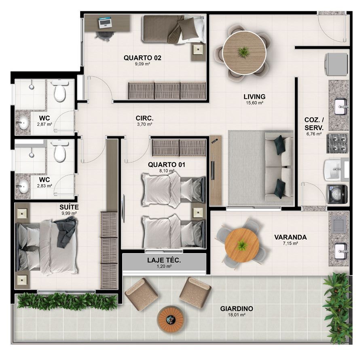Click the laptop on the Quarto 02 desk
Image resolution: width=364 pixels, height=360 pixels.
[106, 22]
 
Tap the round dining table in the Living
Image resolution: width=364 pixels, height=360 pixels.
[244, 53]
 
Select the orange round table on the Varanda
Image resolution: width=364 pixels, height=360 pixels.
[242, 245]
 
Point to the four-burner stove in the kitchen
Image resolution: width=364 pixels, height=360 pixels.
[337, 143]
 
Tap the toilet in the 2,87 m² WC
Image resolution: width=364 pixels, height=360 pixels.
[60, 91]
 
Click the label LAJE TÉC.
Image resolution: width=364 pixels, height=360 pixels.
[164, 260]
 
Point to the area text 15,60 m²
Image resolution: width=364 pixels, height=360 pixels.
[254, 103]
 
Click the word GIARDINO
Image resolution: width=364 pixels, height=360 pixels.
[237, 309]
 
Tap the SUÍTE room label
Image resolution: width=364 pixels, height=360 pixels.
[69, 207]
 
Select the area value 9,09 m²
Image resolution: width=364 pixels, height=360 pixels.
[142, 64]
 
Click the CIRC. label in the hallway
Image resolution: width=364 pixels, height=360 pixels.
[145, 118]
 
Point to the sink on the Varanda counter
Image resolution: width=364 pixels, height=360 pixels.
[341, 251]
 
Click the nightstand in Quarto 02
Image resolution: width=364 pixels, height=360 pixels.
[198, 49]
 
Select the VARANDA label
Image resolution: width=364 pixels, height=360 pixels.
[290, 237]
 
